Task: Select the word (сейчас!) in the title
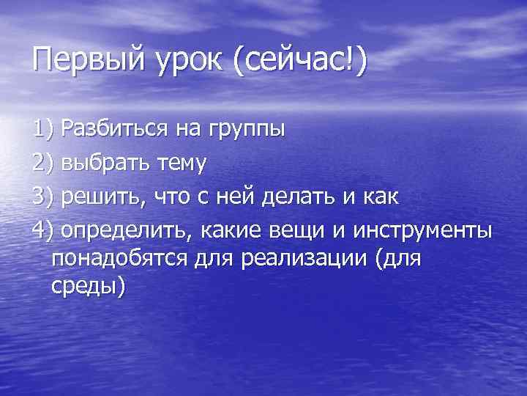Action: (300, 59)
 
